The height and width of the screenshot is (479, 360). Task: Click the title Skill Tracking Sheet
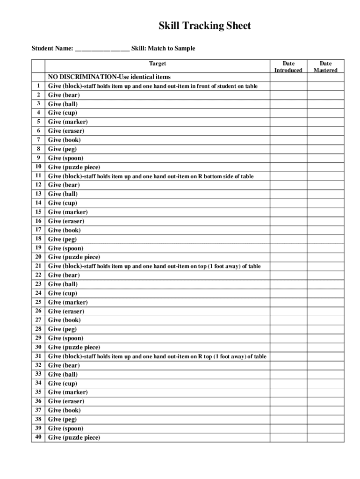(x=205, y=26)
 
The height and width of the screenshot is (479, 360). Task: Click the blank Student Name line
(x=102, y=49)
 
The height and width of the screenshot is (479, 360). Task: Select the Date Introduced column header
(x=288, y=66)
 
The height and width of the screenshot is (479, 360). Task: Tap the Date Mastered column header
(x=325, y=66)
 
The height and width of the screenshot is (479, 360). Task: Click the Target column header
(x=158, y=64)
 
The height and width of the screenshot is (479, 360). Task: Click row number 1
(x=38, y=86)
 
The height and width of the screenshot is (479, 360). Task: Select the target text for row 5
(x=68, y=122)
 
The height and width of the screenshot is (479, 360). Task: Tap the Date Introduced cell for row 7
(x=288, y=140)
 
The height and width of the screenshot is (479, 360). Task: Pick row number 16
(x=38, y=221)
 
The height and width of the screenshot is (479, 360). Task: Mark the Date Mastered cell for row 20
(x=325, y=257)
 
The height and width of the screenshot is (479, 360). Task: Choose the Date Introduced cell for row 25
(x=288, y=302)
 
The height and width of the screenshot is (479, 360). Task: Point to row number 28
(x=38, y=329)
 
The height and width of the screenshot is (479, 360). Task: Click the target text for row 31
(x=157, y=356)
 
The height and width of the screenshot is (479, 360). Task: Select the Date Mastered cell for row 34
(x=325, y=384)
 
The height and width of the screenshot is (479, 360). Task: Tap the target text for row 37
(x=65, y=410)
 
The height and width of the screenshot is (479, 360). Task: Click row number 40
(x=38, y=437)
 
